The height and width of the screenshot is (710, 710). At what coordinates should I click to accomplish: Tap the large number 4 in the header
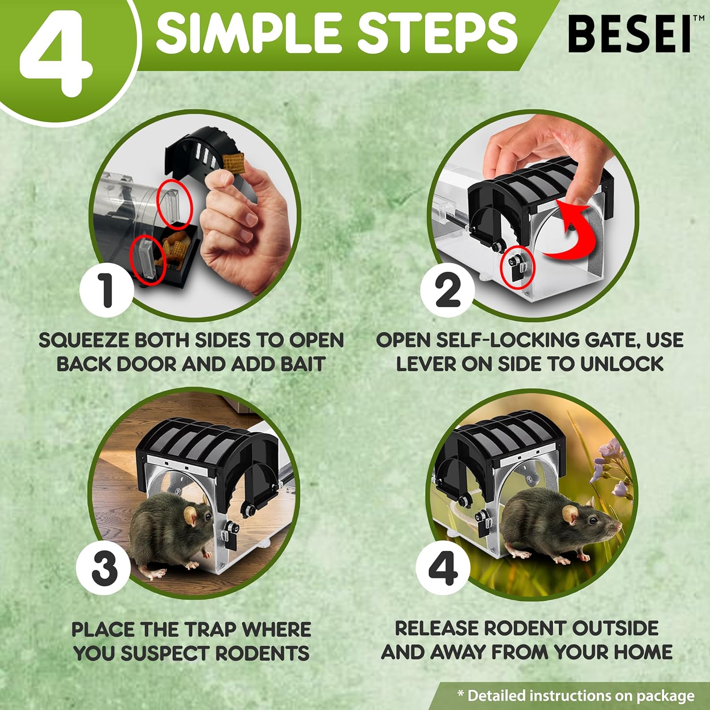pyautogui.click(x=56, y=54)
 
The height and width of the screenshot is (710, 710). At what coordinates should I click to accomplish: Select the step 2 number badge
pyautogui.click(x=447, y=289)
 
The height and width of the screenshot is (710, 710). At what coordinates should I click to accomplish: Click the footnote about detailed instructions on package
pyautogui.click(x=576, y=695)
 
